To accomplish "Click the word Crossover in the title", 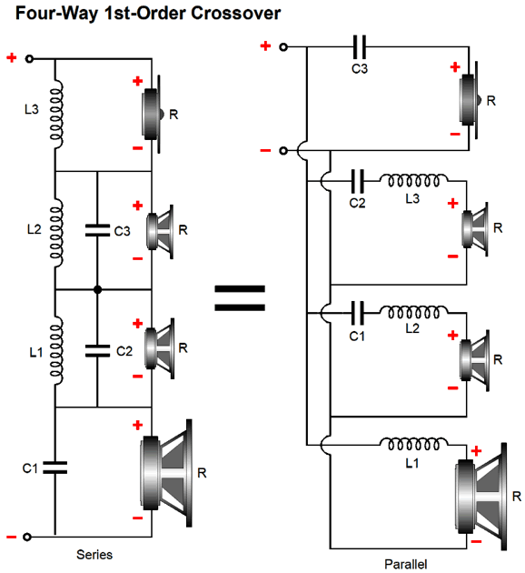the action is point(235,13).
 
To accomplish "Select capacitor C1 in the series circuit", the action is point(55,467).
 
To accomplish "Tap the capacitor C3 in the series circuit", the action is point(97,230).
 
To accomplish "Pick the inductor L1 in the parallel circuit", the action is point(413,444).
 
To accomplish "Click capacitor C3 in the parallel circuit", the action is point(360,46).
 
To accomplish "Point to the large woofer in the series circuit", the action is point(166,473).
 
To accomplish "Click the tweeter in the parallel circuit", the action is point(470,100).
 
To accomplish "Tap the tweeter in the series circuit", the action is point(154,114).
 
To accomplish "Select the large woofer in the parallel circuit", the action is point(481,497).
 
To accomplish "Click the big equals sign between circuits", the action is point(240,297).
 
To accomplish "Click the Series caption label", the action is point(94,555).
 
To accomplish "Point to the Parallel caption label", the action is point(406,564).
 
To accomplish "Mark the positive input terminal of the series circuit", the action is point(30,58).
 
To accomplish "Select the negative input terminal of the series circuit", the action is point(27,537).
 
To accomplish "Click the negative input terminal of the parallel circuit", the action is point(283,151).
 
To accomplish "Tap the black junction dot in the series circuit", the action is point(97,290).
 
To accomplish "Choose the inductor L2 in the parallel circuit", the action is point(413,312).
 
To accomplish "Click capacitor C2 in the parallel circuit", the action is point(357,181).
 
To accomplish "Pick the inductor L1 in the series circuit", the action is point(56,350).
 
